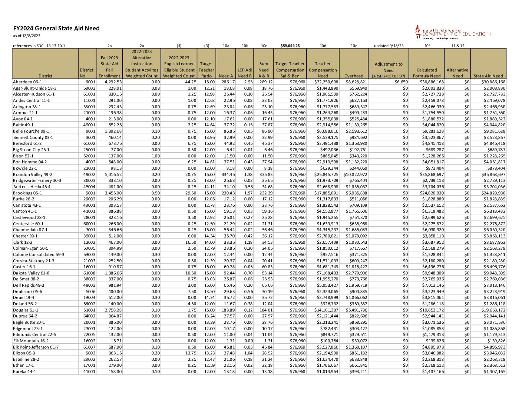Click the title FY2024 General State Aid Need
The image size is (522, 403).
pos(56,29)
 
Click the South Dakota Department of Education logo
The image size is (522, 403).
pos(453,33)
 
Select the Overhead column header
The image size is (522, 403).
pos(354,76)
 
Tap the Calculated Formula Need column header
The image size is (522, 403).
pos(426,73)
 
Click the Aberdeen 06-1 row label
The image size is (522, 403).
pos(27,82)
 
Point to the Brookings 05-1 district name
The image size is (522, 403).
pos(27,193)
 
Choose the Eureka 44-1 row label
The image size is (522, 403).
pos(24,372)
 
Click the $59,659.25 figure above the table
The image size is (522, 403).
pos(290,46)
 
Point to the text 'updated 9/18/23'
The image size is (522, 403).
pos(389,46)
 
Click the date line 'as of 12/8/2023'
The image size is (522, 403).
pos(27,36)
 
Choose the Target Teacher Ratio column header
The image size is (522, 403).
pos(207,70)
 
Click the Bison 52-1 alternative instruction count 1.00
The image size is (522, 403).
pos(155,156)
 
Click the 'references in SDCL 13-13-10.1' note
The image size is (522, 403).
pos(39,46)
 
